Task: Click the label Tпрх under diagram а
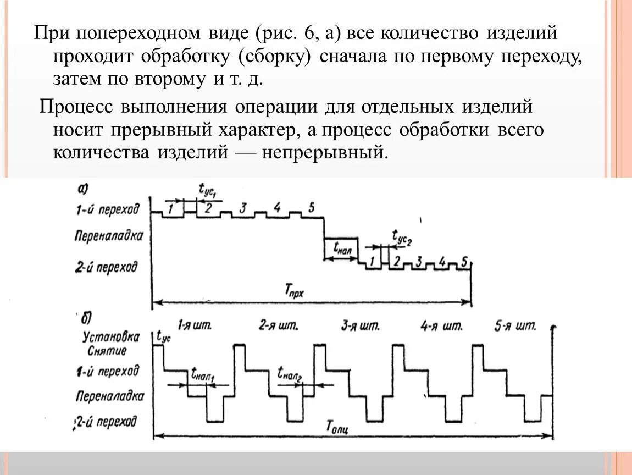click(295, 292)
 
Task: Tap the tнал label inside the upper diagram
click(342, 247)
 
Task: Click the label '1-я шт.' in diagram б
click(195, 325)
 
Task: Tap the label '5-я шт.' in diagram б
click(514, 326)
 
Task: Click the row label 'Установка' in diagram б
click(110, 336)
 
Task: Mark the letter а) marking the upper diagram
click(83, 189)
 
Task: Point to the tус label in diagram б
click(164, 336)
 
